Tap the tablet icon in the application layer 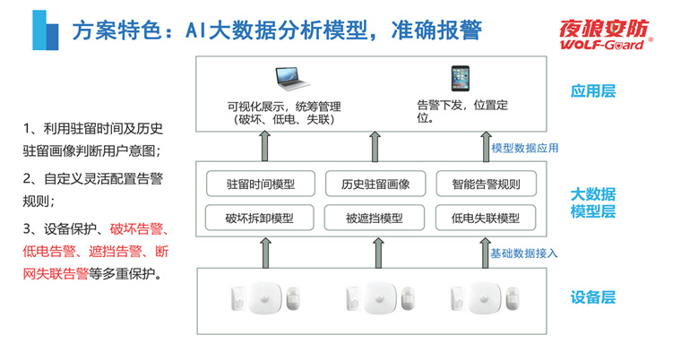click(x=461, y=79)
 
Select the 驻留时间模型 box click(x=261, y=185)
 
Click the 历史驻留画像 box click(x=376, y=185)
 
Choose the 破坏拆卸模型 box click(x=260, y=218)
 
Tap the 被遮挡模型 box click(x=375, y=218)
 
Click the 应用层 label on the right click(x=593, y=91)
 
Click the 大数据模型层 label click(x=593, y=202)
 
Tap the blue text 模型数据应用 click(x=525, y=148)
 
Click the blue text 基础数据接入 click(x=524, y=253)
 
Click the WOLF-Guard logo click(x=605, y=33)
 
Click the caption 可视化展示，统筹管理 click(x=285, y=106)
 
